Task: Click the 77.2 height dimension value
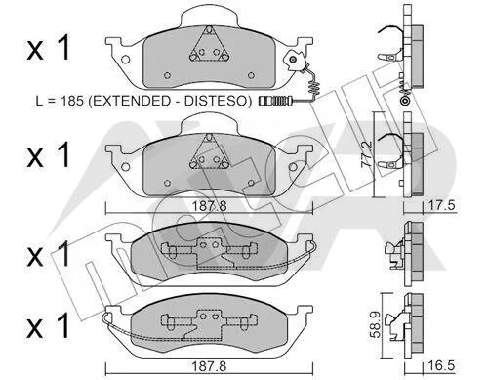[367, 154]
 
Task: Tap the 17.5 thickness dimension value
[441, 205]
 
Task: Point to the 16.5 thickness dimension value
[442, 365]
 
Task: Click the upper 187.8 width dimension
[209, 206]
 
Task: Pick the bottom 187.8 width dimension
[209, 366]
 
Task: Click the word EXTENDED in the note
[129, 101]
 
